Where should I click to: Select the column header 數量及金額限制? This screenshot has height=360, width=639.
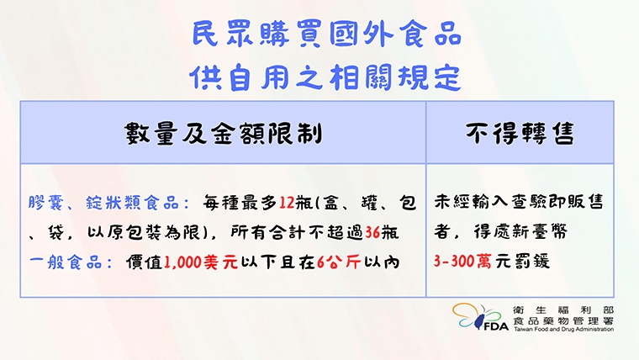(x=223, y=133)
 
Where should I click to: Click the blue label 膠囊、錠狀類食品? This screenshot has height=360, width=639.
(x=106, y=204)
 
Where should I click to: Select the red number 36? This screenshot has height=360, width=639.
(x=376, y=233)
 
